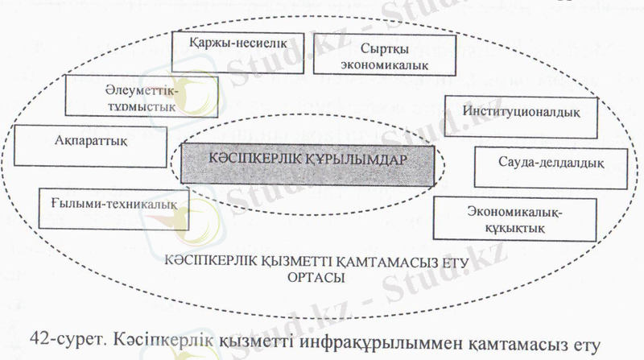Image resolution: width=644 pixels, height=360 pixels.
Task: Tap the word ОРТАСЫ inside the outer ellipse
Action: pos(314,277)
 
